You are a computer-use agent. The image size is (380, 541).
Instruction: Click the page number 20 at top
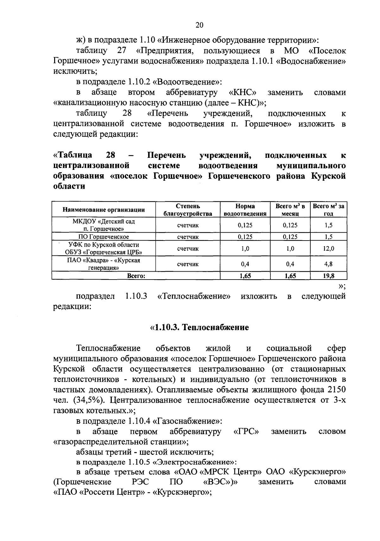(x=199, y=25)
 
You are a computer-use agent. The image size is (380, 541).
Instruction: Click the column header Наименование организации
(x=104, y=209)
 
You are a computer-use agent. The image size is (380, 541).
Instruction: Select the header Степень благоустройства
(x=188, y=210)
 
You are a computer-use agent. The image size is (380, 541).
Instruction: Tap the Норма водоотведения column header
(x=245, y=210)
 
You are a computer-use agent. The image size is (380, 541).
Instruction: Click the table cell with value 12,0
(x=328, y=248)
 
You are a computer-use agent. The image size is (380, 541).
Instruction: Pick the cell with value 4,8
(x=328, y=264)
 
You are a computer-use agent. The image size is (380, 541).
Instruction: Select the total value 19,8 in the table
(x=328, y=276)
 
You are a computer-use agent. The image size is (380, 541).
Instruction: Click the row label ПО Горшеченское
(x=104, y=237)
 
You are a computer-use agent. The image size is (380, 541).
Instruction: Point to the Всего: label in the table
(x=136, y=276)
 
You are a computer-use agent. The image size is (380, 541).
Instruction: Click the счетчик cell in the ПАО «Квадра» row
(x=188, y=264)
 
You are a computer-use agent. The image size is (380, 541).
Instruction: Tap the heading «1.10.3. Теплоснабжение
(x=199, y=327)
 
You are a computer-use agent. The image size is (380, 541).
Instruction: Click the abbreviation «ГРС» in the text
(x=246, y=431)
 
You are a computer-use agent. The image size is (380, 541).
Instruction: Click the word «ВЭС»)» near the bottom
(x=220, y=482)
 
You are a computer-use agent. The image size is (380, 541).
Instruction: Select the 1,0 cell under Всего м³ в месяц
(x=290, y=248)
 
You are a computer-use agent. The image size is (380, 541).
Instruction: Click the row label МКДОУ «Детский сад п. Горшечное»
(x=104, y=225)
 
